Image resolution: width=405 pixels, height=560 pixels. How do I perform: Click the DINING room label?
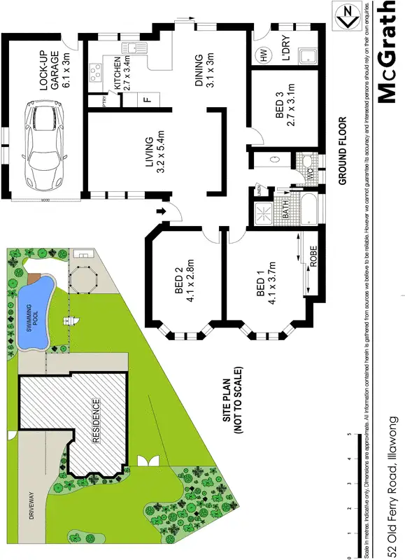coord(202,70)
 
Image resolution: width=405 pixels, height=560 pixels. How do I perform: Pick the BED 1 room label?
coord(265,287)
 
